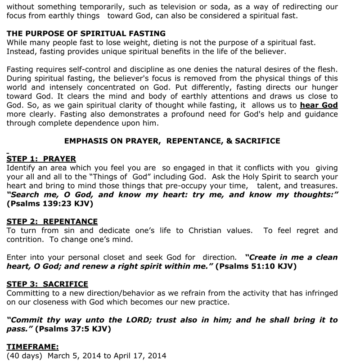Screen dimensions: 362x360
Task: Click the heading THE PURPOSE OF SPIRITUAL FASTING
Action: pos(86,34)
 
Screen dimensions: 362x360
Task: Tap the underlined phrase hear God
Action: pos(319,105)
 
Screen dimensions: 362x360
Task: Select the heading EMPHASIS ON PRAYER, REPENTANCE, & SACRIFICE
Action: pos(172,141)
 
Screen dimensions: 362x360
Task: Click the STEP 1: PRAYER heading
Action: pos(41,159)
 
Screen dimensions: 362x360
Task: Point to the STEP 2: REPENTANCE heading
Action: pos(52,221)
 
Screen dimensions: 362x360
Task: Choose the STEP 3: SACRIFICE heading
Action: pos(47,284)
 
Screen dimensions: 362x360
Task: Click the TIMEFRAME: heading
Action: pos(32,347)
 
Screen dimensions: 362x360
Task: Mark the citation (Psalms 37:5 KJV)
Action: pos(73,329)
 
